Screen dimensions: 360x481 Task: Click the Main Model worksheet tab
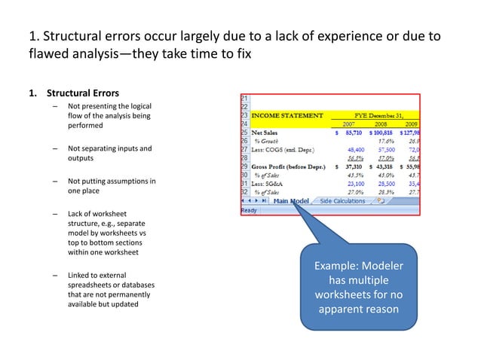point(290,201)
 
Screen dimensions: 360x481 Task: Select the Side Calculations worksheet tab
point(342,201)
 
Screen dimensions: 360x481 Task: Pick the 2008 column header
point(381,124)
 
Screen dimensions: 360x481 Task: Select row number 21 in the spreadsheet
point(244,99)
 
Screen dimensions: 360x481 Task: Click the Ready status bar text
point(249,210)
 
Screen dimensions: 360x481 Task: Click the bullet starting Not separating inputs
point(109,154)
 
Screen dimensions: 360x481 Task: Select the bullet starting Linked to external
point(105,290)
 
